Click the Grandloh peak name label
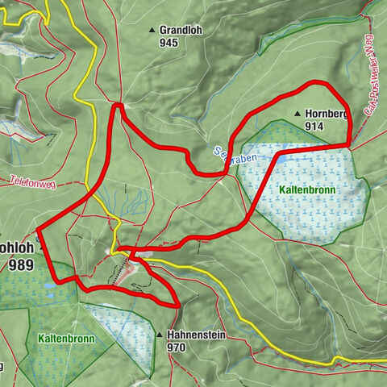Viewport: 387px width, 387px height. (180, 30)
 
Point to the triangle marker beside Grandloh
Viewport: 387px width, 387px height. (151, 31)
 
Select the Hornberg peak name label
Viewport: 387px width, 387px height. (326, 114)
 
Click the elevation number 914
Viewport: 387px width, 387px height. (314, 127)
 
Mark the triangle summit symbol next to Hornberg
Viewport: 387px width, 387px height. (298, 114)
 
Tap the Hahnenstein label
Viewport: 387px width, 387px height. (198, 335)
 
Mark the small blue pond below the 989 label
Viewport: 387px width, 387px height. (50, 285)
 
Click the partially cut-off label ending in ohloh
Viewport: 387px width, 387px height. (15, 248)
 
